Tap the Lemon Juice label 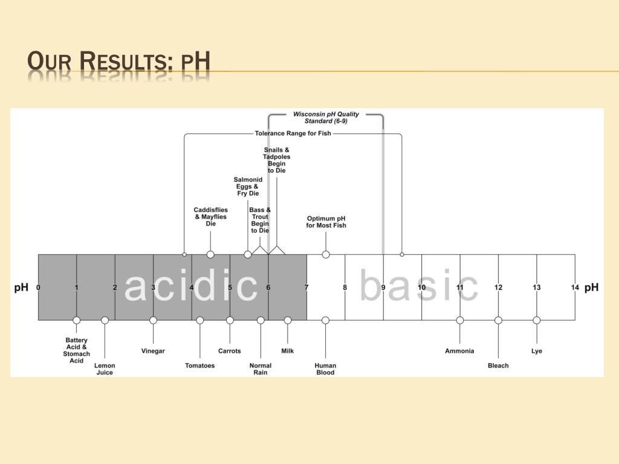[105, 369]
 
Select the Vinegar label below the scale [153, 351]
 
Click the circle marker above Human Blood [325, 320]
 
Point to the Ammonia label [459, 351]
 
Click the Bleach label [498, 366]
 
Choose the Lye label [537, 351]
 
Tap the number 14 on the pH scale [575, 287]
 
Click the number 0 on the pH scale [38, 287]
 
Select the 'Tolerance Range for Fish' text [293, 134]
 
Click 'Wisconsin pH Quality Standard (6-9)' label [326, 117]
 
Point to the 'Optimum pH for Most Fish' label [326, 222]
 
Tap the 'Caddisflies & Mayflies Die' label [210, 217]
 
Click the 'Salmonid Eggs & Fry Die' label [248, 186]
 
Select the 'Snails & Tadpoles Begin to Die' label [276, 159]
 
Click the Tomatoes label [199, 366]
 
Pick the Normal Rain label [261, 369]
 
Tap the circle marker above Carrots [230, 320]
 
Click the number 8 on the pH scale [345, 287]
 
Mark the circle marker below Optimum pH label [326, 254]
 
